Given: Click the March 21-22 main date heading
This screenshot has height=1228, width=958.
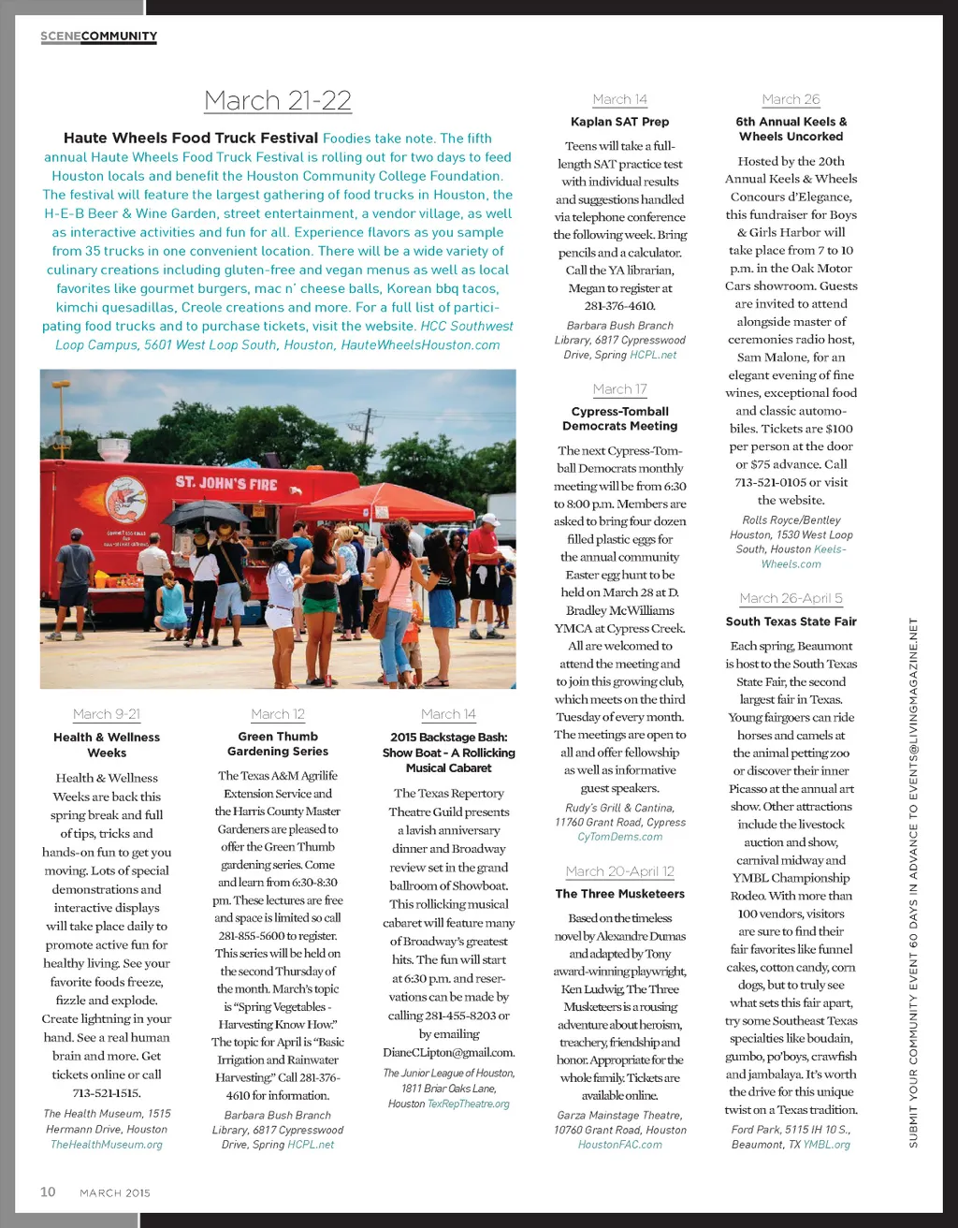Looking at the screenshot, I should coord(278,100).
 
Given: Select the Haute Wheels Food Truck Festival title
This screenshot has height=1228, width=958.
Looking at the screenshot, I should coord(191,138).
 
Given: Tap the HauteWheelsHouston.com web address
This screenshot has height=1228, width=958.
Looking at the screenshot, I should coord(420,344).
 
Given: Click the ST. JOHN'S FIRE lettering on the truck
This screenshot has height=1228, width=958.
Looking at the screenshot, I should coord(226,483).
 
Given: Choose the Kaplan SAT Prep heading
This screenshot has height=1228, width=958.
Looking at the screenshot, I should coord(619,122).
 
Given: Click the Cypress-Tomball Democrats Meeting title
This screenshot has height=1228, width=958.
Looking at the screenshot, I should coord(619,418).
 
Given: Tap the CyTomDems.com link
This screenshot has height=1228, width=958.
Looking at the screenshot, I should coord(619,837).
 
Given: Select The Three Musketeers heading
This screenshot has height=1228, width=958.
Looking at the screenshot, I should coord(619,894).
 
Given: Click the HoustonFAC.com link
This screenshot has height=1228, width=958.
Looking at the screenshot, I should coord(619,1145).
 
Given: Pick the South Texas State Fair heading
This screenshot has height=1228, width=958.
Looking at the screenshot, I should coord(791,621).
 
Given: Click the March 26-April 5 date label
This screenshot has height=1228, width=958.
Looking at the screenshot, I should coord(791,598).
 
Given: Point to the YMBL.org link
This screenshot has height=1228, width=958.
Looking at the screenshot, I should coord(826,1145).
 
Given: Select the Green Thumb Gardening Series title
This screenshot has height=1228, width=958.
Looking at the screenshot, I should coord(278,744).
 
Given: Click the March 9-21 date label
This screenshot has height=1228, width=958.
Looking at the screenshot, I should coord(107,714).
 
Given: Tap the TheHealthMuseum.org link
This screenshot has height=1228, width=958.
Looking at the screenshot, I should coord(107,1145).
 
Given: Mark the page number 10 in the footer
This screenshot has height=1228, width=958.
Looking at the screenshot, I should coord(48,1191).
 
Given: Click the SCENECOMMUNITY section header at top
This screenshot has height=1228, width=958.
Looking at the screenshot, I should coord(98,37).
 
